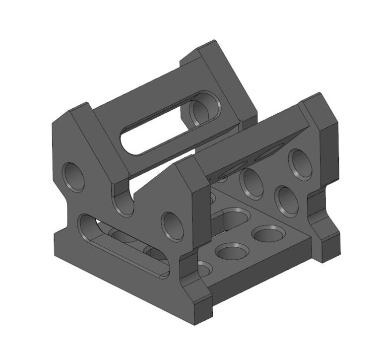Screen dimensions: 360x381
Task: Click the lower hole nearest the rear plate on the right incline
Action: pos(287,200)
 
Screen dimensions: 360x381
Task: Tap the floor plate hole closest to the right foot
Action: pos(268,233)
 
